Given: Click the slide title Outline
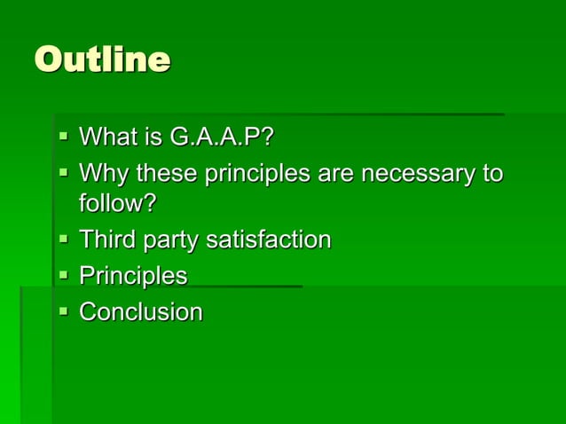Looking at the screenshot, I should coord(102,60).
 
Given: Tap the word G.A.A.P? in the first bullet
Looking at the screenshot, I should coord(221,137).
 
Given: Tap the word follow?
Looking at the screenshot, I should coord(118,203).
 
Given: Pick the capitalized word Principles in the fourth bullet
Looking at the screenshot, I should coord(133,276).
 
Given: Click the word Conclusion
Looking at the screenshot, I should coord(141,312).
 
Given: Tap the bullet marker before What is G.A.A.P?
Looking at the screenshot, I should coord(63,137).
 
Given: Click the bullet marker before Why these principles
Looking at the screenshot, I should coord(63,172).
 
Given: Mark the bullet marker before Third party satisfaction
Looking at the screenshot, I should coord(63,239).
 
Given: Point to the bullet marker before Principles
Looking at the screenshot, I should coord(63,276).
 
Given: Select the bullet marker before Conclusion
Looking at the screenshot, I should coord(63,312).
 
